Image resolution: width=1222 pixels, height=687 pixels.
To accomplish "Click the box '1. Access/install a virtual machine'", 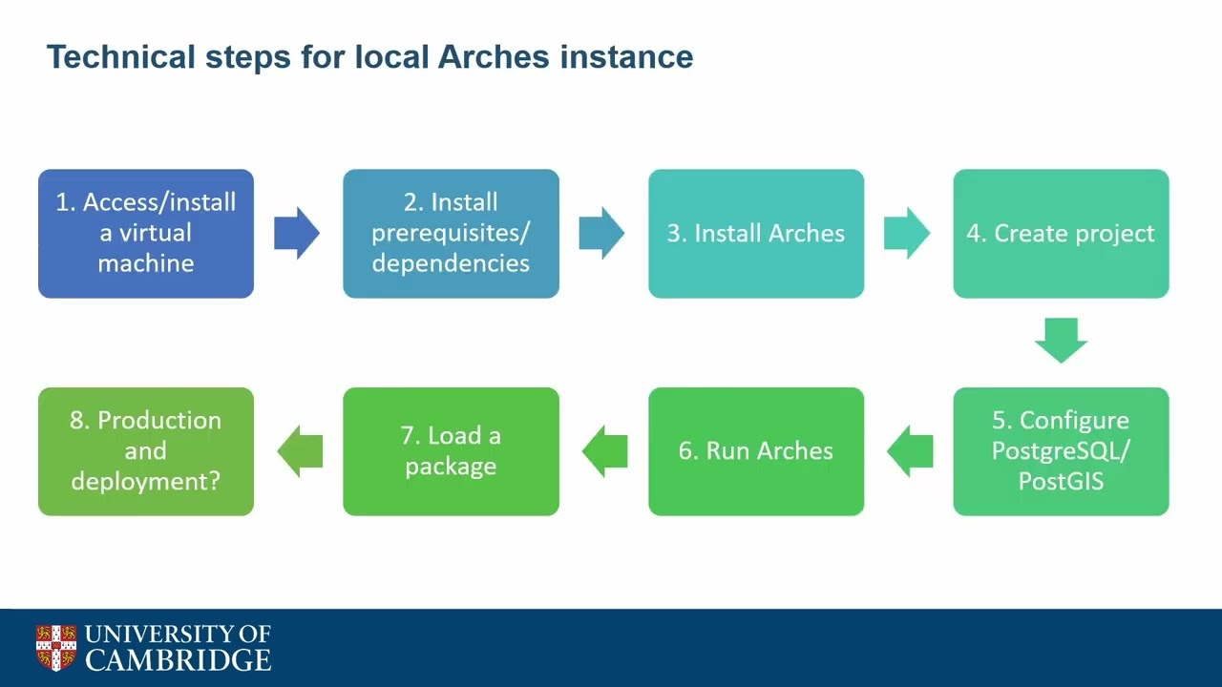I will [x=146, y=234].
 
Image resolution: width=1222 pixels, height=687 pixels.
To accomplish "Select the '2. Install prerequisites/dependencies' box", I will [x=451, y=234].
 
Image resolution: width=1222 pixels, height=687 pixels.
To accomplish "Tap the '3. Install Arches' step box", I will [x=756, y=234].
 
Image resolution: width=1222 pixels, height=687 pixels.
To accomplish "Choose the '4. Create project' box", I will [x=1061, y=234].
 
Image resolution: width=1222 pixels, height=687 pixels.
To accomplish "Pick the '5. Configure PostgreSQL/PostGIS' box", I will [x=1061, y=451].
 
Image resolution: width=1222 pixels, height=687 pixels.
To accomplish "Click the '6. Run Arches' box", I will [x=756, y=451].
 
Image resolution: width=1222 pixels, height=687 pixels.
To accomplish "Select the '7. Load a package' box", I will [x=451, y=451].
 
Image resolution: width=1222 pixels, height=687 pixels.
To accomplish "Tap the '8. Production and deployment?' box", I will [x=146, y=451].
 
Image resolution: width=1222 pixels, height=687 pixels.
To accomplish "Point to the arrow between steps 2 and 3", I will [x=602, y=234].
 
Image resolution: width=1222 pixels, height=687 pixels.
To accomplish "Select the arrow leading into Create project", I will [x=907, y=234].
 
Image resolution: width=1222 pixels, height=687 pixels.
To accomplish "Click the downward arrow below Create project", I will [x=1061, y=341].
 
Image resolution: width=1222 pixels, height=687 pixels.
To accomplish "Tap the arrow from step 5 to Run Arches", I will [x=909, y=451].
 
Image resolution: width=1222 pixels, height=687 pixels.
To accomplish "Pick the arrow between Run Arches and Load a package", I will [x=603, y=451].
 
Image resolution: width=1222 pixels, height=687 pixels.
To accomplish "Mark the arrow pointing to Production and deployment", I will [x=299, y=451].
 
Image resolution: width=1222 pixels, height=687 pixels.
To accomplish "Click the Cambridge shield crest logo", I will [x=56, y=648].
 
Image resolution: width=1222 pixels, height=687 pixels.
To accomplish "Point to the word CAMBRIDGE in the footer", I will [x=179, y=659].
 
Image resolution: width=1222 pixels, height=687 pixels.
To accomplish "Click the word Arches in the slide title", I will [x=493, y=57].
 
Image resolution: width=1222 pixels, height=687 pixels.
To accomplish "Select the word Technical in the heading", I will [x=120, y=57].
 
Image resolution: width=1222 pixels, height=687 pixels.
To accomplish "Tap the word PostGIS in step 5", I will [x=1061, y=481].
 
